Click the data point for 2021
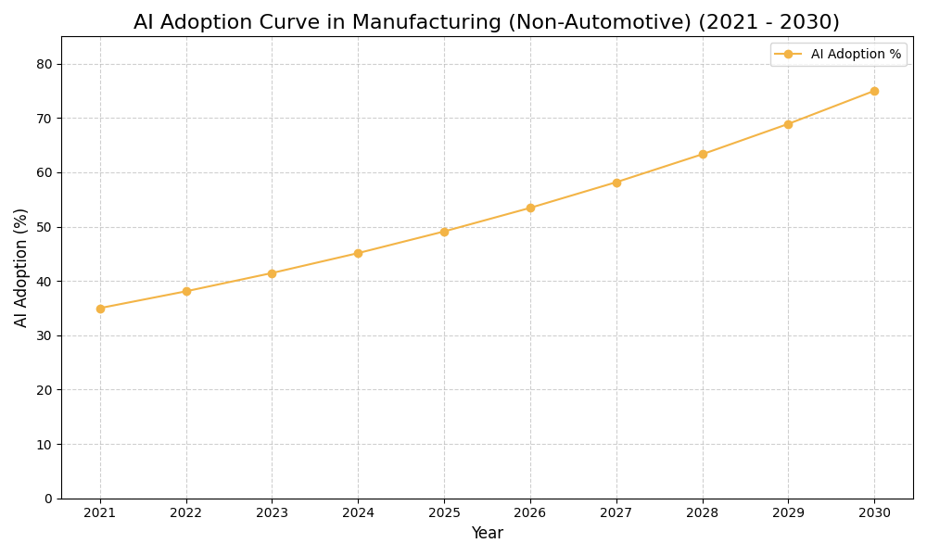[100, 309]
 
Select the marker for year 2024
[358, 253]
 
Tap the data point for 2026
[530, 208]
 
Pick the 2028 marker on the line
[703, 154]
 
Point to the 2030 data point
[874, 91]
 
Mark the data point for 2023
[272, 273]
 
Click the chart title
[486, 22]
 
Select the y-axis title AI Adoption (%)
[21, 267]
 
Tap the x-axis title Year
[487, 534]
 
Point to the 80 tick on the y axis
[44, 64]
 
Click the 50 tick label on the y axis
[44, 227]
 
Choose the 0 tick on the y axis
[48, 499]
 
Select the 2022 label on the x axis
[186, 513]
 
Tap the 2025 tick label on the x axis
[444, 513]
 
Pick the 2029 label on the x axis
[788, 513]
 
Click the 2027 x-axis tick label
[616, 513]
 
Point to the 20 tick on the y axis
[44, 390]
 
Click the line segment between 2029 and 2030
[832, 107]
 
